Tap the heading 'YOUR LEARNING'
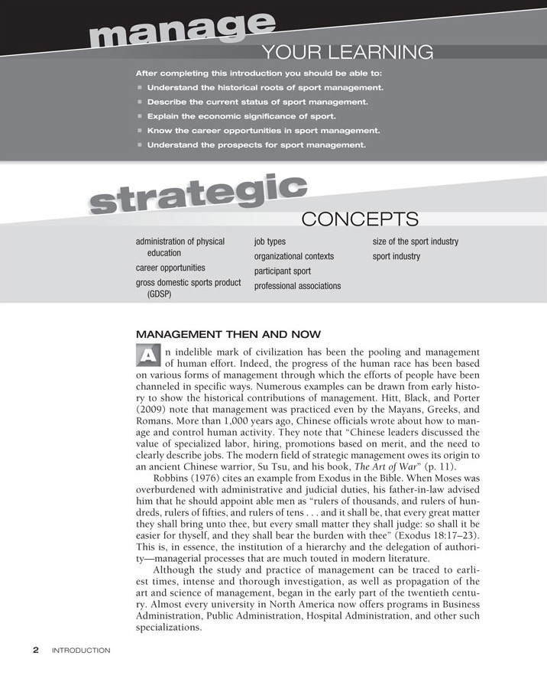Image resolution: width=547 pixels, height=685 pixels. (348, 53)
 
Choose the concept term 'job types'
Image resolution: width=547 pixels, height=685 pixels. (270, 242)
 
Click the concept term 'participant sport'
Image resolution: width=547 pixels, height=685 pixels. (282, 271)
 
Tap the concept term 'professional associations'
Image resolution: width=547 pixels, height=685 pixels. (297, 286)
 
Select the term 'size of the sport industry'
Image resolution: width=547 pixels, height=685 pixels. (415, 242)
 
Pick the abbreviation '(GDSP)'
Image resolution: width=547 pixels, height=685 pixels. (159, 294)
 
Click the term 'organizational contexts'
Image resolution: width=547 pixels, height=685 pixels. (293, 256)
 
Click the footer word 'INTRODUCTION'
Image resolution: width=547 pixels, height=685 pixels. (81, 651)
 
